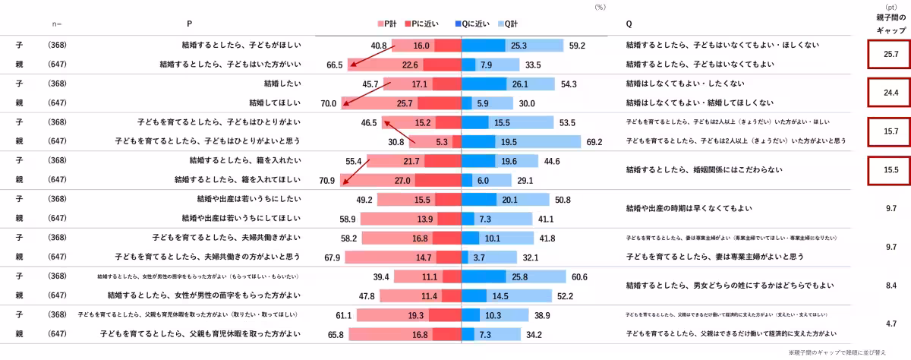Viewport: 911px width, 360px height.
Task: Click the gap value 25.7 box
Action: [891, 55]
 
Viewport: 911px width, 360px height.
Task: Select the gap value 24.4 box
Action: [891, 93]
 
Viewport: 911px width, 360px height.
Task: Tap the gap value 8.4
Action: [891, 286]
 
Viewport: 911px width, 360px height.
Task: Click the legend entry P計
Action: [388, 24]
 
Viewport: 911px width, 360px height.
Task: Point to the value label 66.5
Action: [335, 65]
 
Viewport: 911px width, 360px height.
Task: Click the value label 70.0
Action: [329, 103]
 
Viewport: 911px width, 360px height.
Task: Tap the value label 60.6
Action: [579, 276]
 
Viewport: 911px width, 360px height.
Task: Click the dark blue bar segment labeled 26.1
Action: [484, 84]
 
